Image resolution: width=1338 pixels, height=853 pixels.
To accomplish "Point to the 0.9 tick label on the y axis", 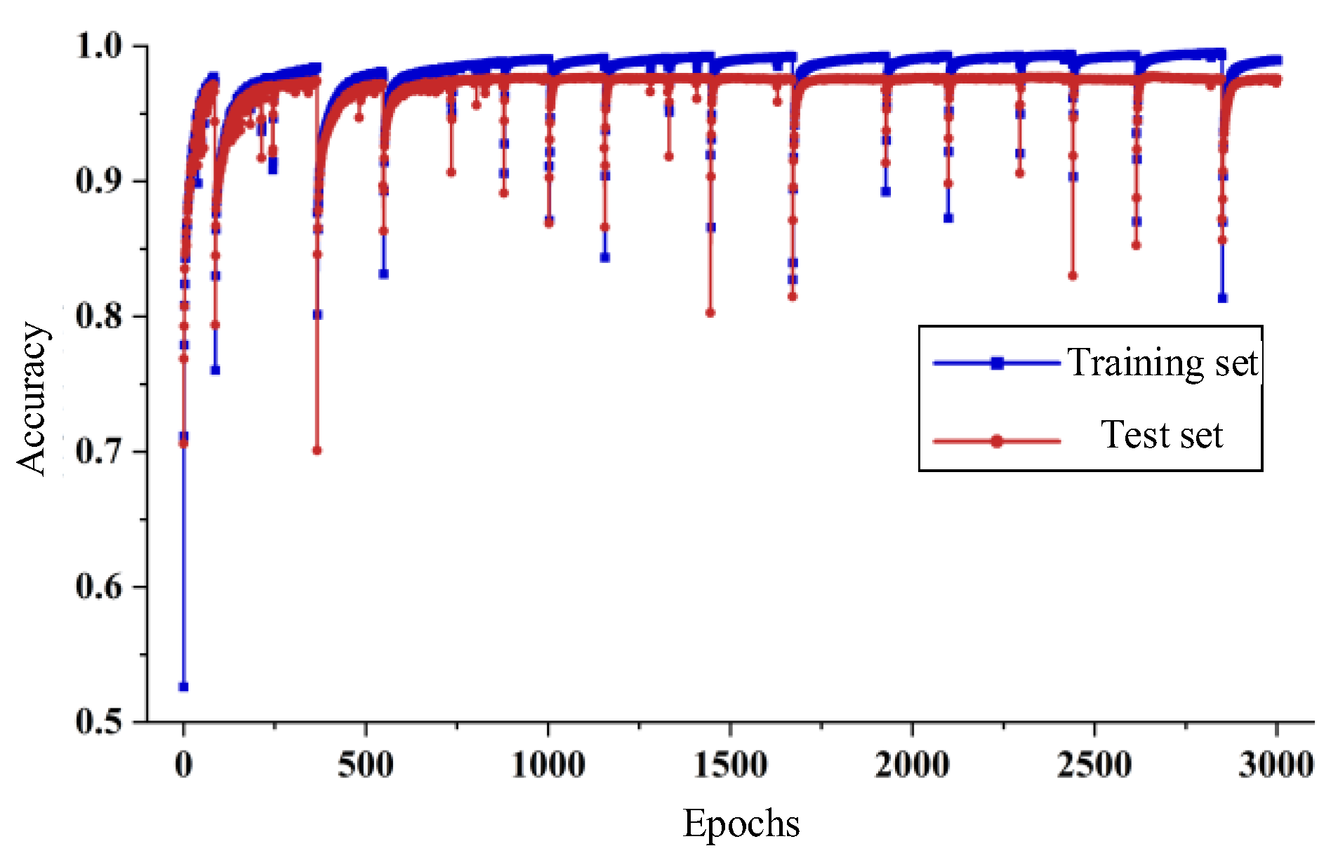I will (x=99, y=181).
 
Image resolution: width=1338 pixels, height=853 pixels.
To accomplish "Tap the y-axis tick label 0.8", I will (x=99, y=316).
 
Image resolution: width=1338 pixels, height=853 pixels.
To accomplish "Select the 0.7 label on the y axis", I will (x=99, y=452).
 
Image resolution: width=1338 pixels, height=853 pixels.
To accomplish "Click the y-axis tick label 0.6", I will (x=99, y=586).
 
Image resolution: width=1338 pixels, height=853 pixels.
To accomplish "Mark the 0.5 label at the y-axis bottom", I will (x=99, y=722).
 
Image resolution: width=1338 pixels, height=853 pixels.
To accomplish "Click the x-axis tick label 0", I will (x=183, y=765).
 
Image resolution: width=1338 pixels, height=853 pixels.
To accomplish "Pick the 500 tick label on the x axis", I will (x=365, y=765).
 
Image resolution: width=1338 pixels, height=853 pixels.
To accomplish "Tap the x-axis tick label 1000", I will (x=548, y=765).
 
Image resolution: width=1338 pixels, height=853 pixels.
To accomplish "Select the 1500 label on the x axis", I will (x=730, y=765).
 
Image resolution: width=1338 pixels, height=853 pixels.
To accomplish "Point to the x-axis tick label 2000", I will (x=912, y=765).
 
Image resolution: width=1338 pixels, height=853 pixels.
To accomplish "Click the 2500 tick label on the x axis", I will (x=1094, y=765).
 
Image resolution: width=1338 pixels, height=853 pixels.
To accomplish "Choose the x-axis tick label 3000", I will (x=1276, y=765).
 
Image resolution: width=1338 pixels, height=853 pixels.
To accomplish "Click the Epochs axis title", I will (x=741, y=824).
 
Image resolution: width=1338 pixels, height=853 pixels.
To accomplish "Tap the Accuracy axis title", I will (x=32, y=398).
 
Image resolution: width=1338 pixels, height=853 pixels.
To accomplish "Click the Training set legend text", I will (x=1163, y=363).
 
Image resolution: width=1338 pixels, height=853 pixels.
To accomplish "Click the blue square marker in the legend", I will (x=997, y=363).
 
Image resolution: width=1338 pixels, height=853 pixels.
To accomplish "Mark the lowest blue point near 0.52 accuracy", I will (x=183, y=686).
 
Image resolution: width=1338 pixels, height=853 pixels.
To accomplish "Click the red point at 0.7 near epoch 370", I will (x=317, y=450).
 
